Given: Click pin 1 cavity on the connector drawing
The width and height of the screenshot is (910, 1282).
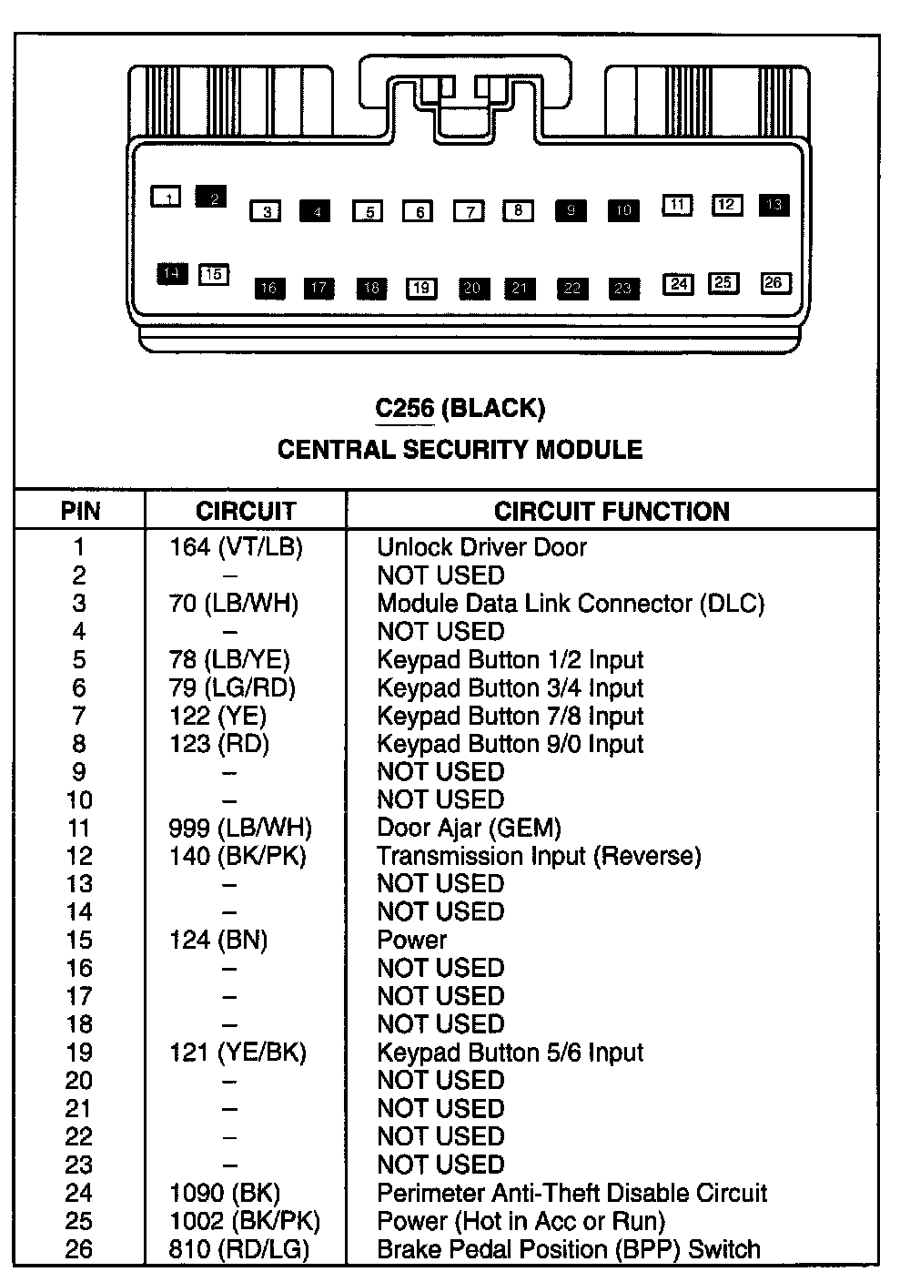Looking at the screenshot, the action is coord(166,196).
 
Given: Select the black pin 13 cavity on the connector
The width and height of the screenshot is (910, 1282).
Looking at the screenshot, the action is coord(774,205).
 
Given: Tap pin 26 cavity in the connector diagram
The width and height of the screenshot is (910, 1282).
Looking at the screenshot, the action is coord(773,283).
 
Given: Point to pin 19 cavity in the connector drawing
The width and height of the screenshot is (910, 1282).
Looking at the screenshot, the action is coord(420,289).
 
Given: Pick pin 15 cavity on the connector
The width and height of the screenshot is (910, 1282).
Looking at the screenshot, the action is coord(214,274).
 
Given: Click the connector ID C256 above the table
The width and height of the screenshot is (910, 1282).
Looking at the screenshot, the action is coord(405,409).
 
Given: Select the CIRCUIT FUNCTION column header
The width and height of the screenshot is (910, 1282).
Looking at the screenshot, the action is coord(612,512).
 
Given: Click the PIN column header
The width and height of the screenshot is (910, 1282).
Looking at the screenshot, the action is coord(80,512).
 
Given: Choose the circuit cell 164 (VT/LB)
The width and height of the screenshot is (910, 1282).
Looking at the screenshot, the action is coord(236,547).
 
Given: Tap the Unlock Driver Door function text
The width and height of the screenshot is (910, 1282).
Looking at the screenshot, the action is coord(481,547).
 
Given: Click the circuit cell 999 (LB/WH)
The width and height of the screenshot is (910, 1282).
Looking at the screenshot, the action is coord(240,828).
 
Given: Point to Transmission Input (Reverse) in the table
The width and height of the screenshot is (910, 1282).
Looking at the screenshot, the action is coord(539,856).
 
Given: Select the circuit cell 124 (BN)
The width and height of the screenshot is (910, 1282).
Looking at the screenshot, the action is coord(218,940).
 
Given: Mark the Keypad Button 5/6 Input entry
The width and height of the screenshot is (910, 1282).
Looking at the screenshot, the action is coord(510,1053).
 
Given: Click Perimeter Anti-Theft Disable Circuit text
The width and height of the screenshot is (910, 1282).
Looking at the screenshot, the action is coord(571,1193).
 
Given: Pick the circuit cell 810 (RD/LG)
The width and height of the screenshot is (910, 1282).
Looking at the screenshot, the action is coord(238,1249).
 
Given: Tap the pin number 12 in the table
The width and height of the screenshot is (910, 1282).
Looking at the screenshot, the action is coord(79,856).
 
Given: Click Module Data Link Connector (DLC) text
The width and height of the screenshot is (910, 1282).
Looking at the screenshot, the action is coord(571,604).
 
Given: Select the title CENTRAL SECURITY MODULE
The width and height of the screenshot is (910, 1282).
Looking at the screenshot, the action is coord(460,450).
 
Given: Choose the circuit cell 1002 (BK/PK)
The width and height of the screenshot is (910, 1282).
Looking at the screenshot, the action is coord(244,1221).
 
